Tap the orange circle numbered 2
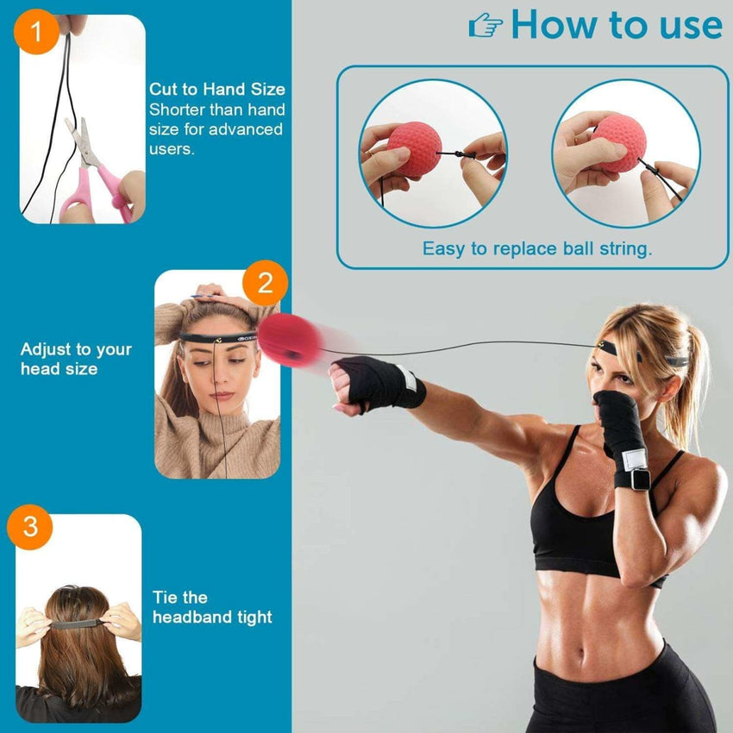pos(266,283)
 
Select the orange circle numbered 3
pos(31,526)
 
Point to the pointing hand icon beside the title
pos(486,27)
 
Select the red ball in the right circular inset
pos(618,142)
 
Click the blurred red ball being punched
pos(288,341)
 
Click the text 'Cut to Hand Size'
pos(216,90)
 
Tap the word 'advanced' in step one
pos(246,129)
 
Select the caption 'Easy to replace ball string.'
pos(536,249)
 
